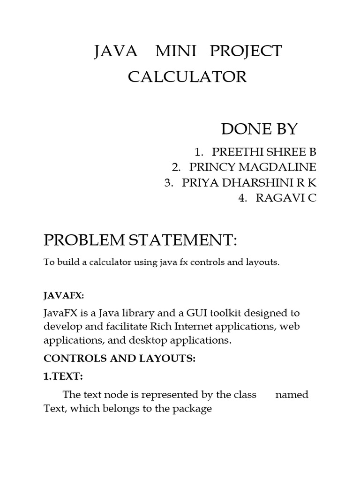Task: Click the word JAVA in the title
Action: (116, 51)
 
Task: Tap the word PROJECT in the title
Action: (246, 51)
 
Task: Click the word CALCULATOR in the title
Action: (187, 76)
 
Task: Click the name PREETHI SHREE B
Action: (264, 152)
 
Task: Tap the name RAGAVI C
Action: (286, 198)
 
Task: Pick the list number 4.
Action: (242, 198)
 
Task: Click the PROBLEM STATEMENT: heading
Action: (141, 241)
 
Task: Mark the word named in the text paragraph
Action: (292, 395)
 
